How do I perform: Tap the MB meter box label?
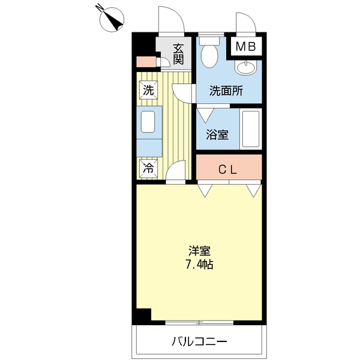click(245, 47)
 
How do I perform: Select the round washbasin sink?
click(245, 67)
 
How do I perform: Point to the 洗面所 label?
click(226, 91)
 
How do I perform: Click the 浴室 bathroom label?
click(217, 134)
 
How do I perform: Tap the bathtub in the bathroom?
click(251, 129)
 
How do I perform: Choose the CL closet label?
click(227, 170)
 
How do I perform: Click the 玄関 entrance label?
click(179, 54)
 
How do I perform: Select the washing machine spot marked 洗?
click(149, 90)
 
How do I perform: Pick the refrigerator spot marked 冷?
click(149, 169)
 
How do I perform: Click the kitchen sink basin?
click(148, 122)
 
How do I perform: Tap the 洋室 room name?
click(199, 251)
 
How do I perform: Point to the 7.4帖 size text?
click(199, 265)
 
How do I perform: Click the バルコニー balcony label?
click(200, 341)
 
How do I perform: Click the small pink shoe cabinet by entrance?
click(146, 62)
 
